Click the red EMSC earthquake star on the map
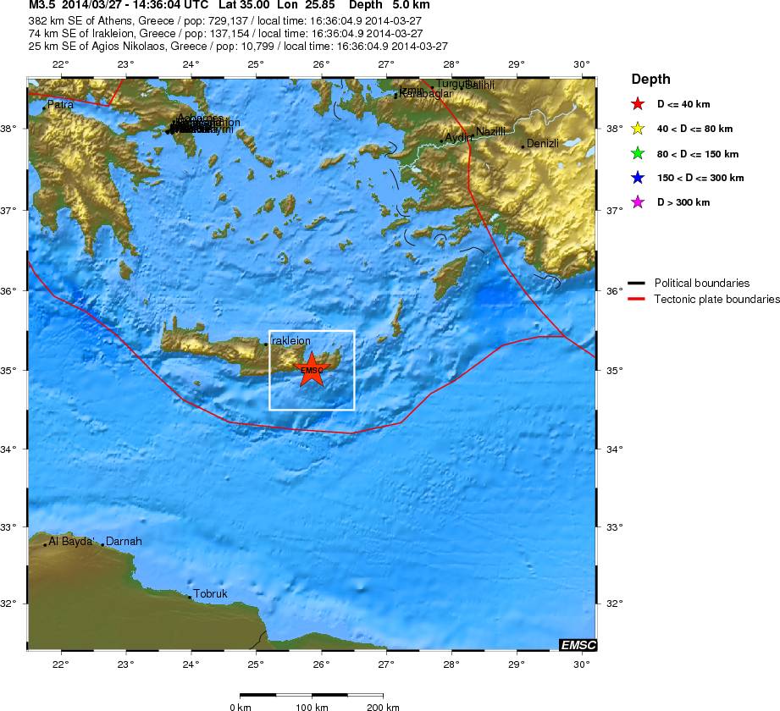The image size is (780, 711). coord(312,370)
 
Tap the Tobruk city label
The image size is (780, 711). coord(211,594)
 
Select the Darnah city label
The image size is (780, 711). coord(124,542)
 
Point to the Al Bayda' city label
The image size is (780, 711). coord(70,542)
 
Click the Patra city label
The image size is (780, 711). coord(60,105)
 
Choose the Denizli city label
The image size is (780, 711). coord(543,144)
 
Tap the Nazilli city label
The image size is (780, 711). coord(490,132)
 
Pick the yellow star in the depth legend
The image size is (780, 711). coord(638,130)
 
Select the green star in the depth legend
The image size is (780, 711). coord(638,154)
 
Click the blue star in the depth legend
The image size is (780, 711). coord(638,179)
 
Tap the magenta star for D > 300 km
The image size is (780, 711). coord(638,202)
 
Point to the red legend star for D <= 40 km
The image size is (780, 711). coord(638,105)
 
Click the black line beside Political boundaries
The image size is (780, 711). coord(637,284)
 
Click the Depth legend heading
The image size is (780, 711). coord(650,80)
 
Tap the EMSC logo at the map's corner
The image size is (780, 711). coord(578,646)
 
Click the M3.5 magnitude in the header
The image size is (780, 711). coord(41,5)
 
